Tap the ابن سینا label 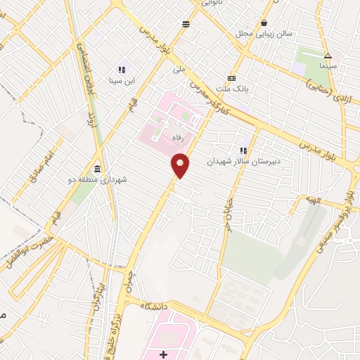[122, 79]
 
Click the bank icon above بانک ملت [231, 78]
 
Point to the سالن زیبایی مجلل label [274, 33]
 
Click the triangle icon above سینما [328, 56]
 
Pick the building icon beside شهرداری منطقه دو [96, 169]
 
